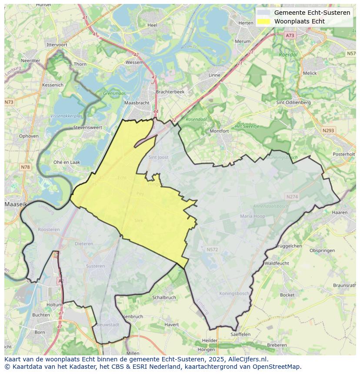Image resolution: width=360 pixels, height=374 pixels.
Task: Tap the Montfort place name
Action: [x=219, y=131]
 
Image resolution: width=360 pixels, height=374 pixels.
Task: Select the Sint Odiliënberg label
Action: [x=293, y=103]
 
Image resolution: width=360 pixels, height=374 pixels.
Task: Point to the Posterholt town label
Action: [x=344, y=154]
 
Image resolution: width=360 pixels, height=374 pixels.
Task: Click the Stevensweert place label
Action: [x=87, y=128]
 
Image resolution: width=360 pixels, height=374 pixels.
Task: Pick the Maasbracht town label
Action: [x=137, y=103]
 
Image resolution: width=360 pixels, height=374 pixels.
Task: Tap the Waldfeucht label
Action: [x=277, y=263]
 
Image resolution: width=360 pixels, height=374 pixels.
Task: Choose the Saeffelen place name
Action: [x=240, y=334]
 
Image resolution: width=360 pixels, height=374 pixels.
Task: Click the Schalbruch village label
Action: [x=164, y=298]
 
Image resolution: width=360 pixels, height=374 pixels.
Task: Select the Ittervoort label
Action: [x=57, y=45]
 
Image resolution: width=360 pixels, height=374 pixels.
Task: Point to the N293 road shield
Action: [x=329, y=130]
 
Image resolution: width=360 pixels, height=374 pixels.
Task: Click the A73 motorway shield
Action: [x=290, y=36]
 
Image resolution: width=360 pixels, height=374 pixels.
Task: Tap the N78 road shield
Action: [x=26, y=167]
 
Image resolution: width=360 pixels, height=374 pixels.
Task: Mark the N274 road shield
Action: [x=292, y=197]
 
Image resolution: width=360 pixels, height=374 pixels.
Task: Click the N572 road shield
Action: [x=212, y=249]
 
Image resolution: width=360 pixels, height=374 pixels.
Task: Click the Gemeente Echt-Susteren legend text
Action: [x=312, y=13]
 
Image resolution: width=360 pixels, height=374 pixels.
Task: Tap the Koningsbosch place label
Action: [x=234, y=293]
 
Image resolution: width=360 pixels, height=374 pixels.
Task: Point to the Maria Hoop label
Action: [x=252, y=216]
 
